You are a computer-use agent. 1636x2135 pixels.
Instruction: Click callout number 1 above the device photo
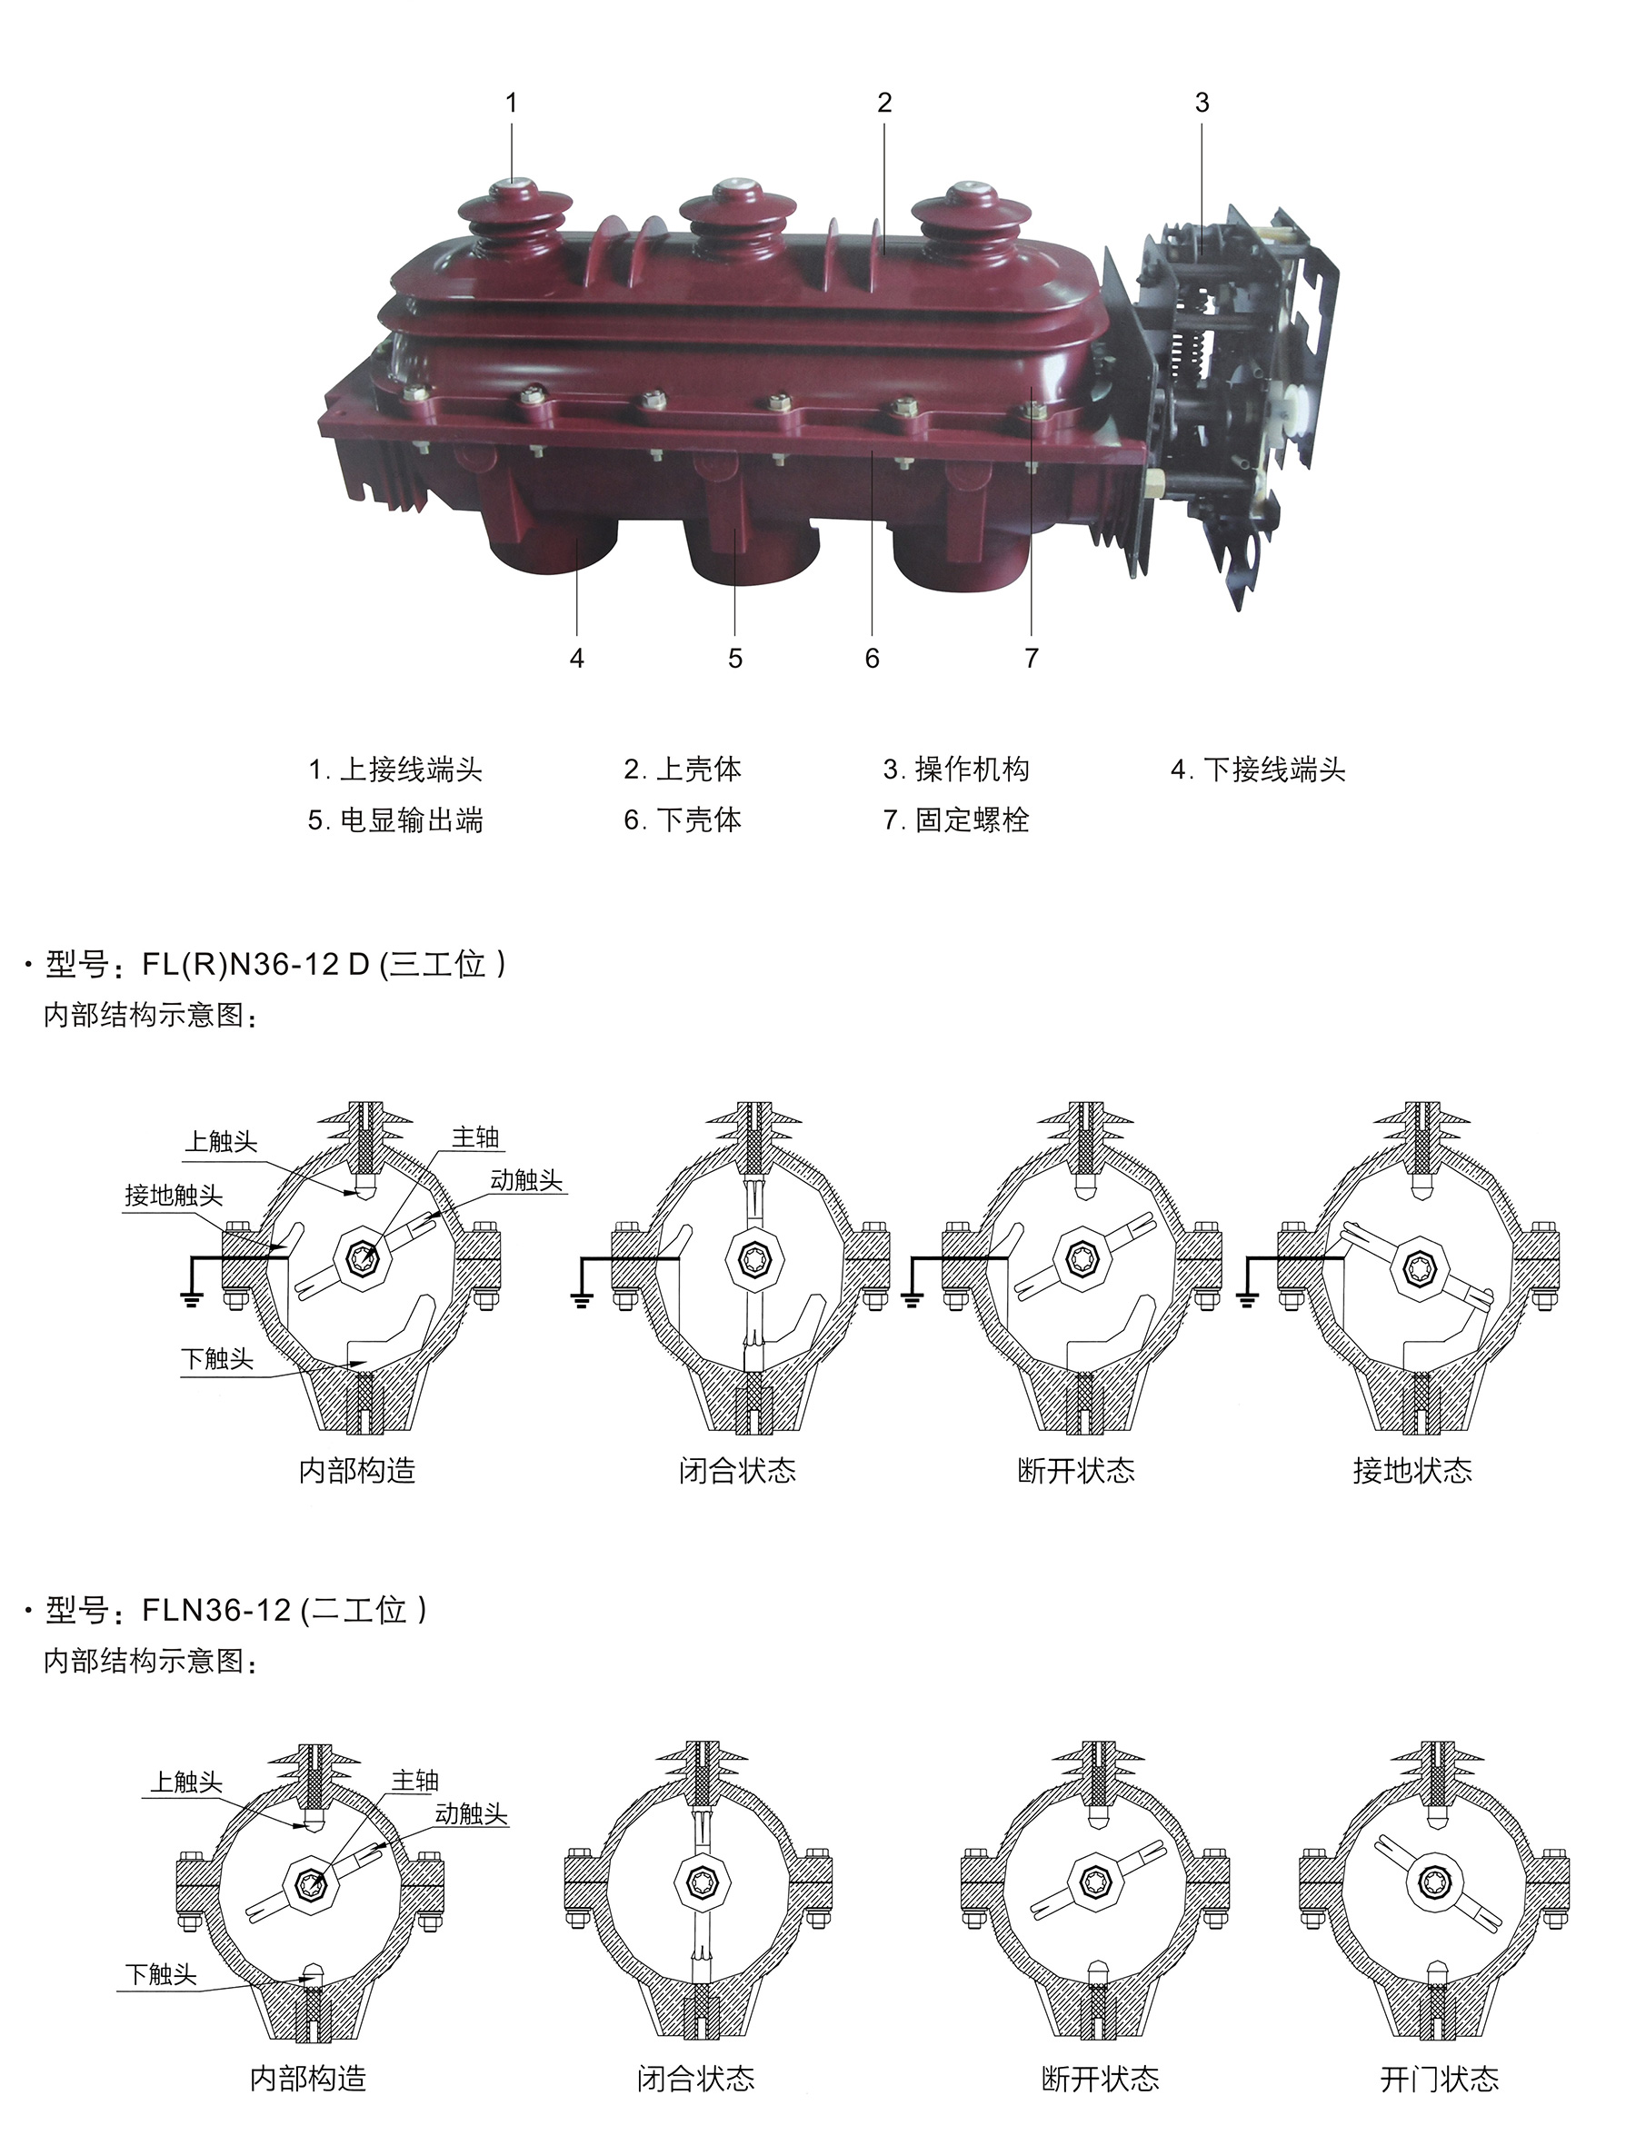511,104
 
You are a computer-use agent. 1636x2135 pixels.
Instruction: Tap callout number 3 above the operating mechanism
1202,104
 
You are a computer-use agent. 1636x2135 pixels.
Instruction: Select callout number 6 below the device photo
872,659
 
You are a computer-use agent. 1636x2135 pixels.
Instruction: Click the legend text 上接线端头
411,770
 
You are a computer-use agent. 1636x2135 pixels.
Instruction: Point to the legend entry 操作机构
972,770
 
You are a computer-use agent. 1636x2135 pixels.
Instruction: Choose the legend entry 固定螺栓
972,819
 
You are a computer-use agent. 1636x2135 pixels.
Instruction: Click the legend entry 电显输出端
411,819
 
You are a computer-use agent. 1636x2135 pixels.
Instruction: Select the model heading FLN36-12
216,1610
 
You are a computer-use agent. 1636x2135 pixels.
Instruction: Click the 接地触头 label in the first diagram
174,1196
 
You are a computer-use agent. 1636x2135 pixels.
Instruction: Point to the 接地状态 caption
1412,1470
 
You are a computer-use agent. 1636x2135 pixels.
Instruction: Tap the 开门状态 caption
1440,2080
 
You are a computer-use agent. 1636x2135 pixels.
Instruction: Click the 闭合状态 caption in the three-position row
737,1470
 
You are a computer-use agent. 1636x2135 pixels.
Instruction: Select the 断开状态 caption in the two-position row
1101,2080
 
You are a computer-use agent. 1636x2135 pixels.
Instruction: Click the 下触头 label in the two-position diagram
161,1974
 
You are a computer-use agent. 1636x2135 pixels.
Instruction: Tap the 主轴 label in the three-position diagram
475,1137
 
